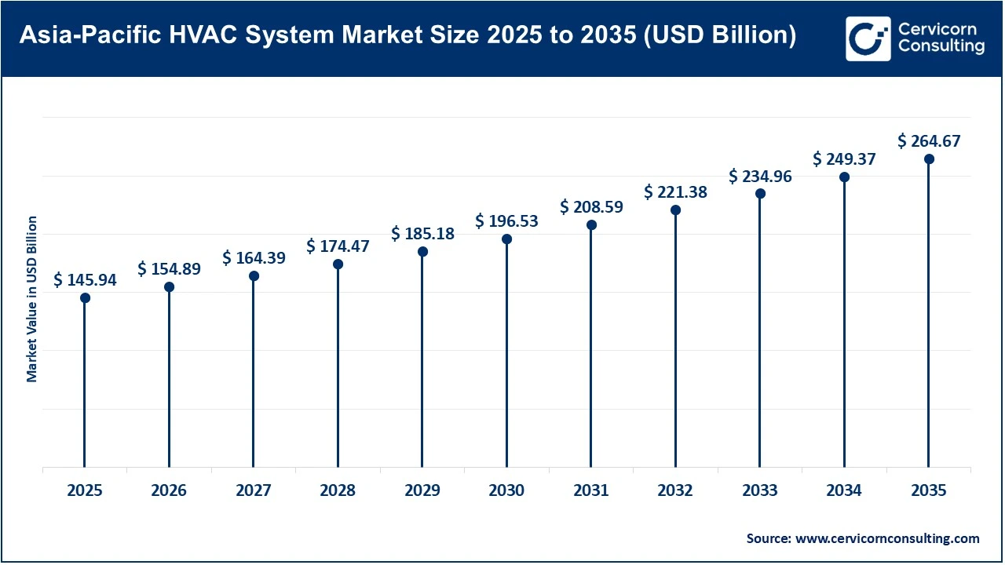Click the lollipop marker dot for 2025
[85, 298]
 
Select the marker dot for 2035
[929, 159]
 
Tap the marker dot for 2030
[506, 239]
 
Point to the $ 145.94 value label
[85, 279]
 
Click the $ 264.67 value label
[929, 141]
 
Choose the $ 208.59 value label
[591, 207]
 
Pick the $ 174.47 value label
[338, 246]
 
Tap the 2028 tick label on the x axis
[338, 490]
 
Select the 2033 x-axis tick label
[760, 490]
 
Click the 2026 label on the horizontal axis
[169, 490]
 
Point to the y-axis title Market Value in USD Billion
[32, 299]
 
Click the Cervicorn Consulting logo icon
[868, 38]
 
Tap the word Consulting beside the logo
[941, 47]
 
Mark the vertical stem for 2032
[675, 337]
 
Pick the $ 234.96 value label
[760, 177]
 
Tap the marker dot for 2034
[844, 177]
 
